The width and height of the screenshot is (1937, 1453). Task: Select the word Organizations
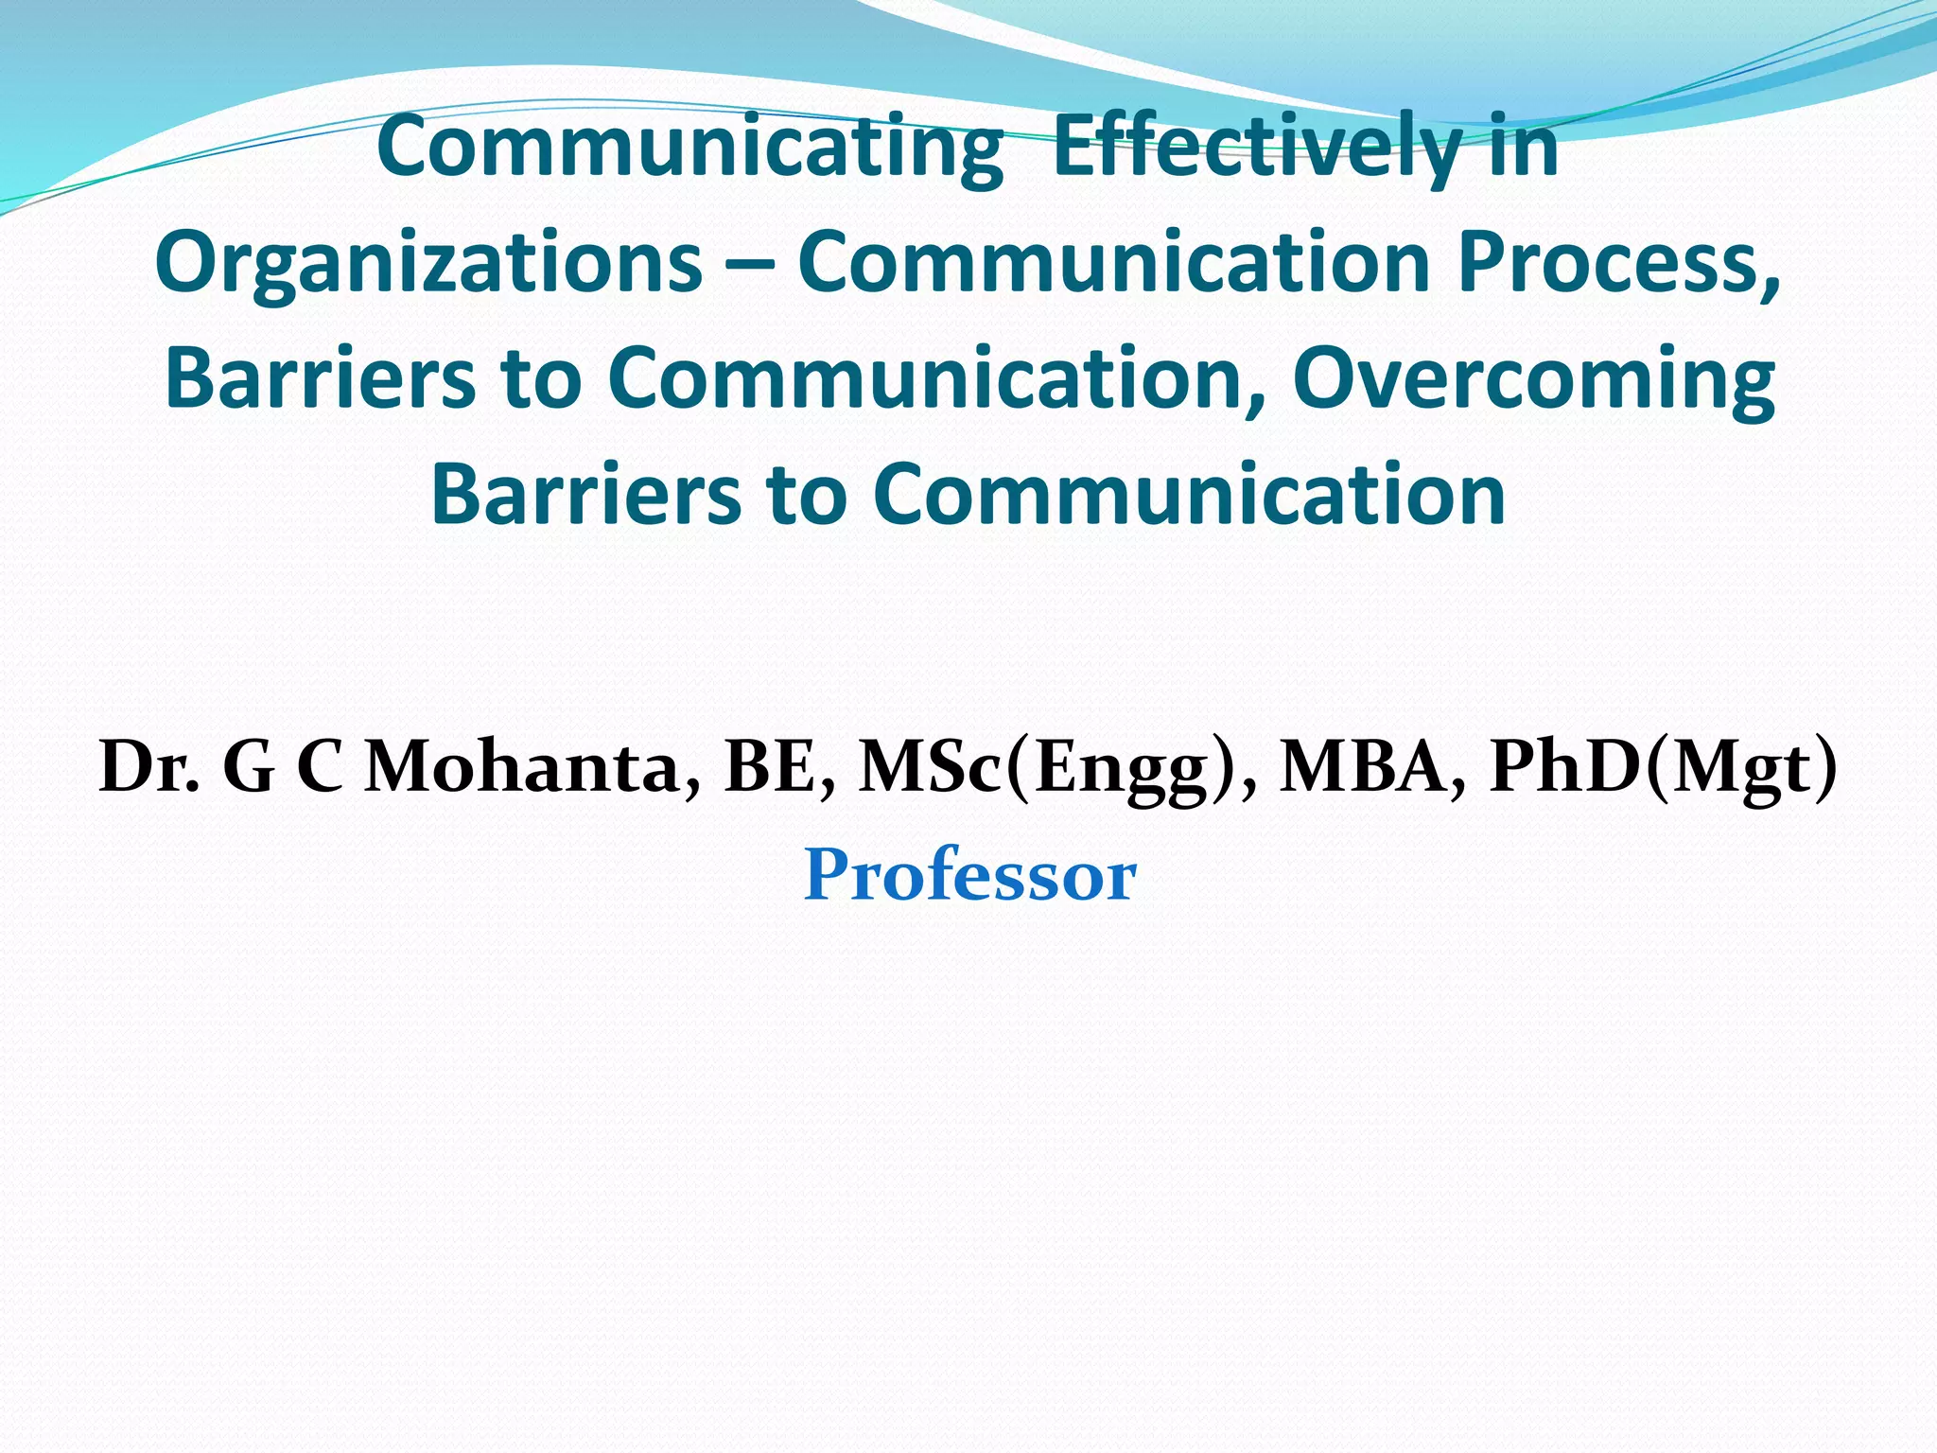pyautogui.click(x=428, y=263)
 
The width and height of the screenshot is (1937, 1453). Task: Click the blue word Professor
pyautogui.click(x=968, y=876)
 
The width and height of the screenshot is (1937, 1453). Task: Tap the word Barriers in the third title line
pyautogui.click(x=321, y=378)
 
